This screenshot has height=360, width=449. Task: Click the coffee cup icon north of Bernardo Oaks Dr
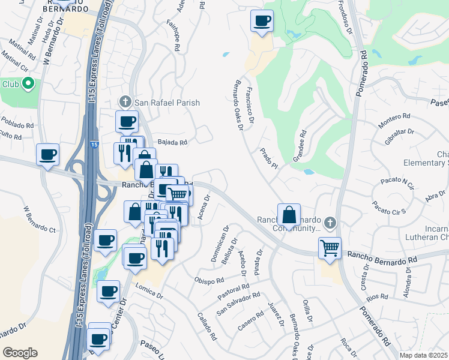coord(262,21)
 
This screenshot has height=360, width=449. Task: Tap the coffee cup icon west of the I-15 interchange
coord(48,154)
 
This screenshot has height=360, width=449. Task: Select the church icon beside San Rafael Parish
coord(125,102)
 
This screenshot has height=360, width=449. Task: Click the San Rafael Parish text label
coord(166,103)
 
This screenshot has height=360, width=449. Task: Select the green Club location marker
coord(27,84)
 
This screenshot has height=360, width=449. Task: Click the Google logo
coord(20,353)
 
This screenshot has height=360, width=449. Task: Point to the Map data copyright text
coord(424,355)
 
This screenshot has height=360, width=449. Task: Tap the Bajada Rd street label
coord(173,143)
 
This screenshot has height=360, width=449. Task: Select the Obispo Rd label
coord(209,280)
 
